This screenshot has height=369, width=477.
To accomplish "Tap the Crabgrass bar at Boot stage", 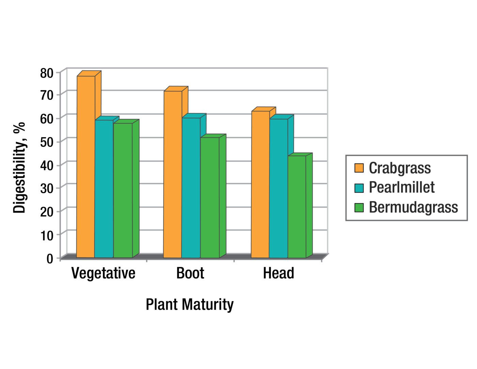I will (173, 174).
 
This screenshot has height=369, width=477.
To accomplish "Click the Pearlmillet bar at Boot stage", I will (191, 188).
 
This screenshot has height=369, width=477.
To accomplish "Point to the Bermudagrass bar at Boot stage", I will (210, 197).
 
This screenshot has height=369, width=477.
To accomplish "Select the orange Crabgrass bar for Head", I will (260, 184).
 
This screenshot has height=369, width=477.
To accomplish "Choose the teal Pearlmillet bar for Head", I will (278, 188).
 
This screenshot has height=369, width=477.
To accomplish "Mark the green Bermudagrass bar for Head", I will (297, 206).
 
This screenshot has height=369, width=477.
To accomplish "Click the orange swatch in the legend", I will (359, 168).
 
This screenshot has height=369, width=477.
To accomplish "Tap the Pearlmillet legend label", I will (402, 188).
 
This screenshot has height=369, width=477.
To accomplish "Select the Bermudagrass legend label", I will (413, 207).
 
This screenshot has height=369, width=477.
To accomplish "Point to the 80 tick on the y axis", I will (47, 73).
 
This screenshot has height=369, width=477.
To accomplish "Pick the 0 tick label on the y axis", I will (50, 259).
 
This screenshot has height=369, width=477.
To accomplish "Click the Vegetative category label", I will (103, 274).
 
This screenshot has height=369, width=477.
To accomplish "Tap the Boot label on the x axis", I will (190, 274).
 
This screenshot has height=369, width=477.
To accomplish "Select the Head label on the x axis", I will (278, 274).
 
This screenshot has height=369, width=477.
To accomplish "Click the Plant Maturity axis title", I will (190, 304).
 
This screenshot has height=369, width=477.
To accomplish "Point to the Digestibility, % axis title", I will (19, 167).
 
